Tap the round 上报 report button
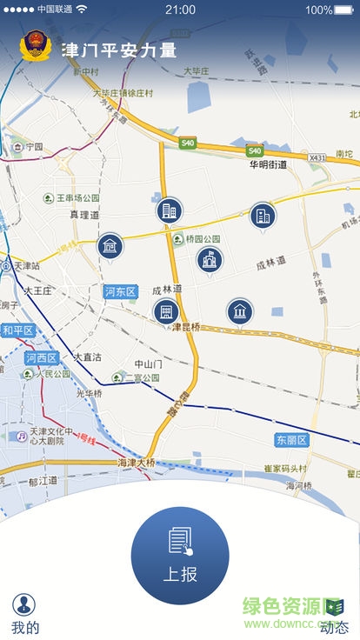click(180, 555)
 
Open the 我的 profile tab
click(24, 612)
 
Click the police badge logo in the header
click(36, 47)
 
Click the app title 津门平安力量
click(119, 50)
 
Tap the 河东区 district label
click(121, 291)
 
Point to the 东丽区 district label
click(292, 440)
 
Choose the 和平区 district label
click(17, 330)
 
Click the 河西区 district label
click(41, 357)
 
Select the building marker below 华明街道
click(263, 215)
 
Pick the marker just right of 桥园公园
click(210, 258)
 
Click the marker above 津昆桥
click(166, 310)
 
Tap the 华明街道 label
click(270, 164)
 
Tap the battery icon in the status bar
click(345, 10)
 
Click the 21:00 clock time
click(180, 10)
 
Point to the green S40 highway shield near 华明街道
click(255, 150)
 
